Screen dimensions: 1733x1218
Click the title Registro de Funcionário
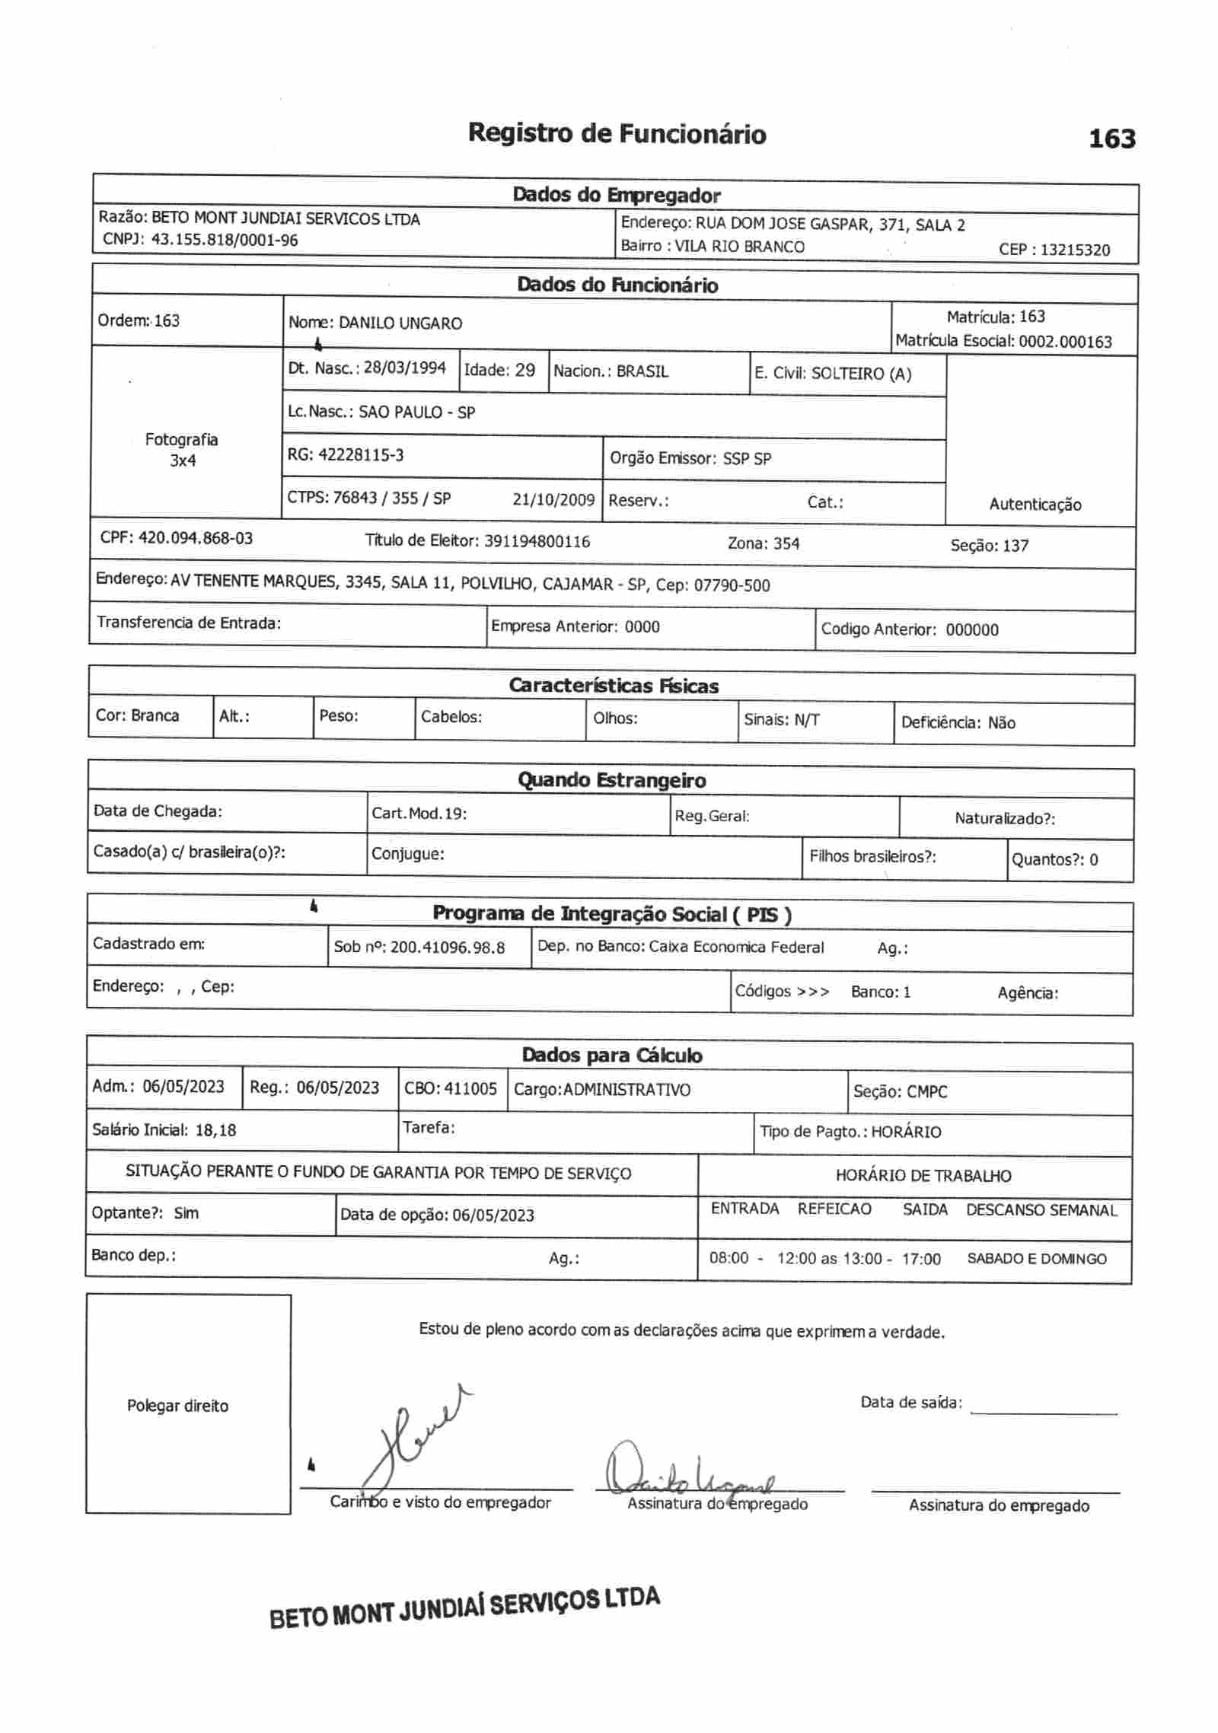[617, 134]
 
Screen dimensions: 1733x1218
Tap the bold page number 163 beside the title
[1111, 139]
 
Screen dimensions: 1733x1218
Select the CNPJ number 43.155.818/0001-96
[225, 241]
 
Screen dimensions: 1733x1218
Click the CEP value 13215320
[1075, 250]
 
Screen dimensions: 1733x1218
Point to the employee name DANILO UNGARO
[400, 323]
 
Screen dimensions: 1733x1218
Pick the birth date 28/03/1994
[404, 368]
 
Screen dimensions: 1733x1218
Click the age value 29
[525, 371]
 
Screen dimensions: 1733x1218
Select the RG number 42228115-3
[361, 456]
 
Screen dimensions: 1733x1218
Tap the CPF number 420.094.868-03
[196, 539]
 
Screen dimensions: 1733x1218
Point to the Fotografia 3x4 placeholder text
[182, 450]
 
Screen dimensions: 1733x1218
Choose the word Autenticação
[1035, 505]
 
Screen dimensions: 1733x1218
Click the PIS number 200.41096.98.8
[448, 948]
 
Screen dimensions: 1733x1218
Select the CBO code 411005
[470, 1089]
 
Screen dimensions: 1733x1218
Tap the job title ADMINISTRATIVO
[627, 1090]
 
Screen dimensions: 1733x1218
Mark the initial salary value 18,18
[215, 1130]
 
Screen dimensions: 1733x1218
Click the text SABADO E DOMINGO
[1037, 1260]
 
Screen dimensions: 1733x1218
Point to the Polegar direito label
[177, 1406]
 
